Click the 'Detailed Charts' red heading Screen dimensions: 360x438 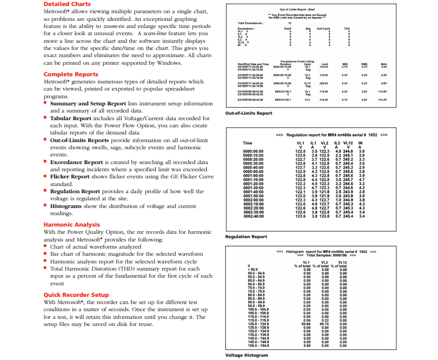67,4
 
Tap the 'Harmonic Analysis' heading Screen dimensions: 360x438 71,224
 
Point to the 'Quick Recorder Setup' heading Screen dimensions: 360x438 76,295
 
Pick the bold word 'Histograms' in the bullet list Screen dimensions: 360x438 68,206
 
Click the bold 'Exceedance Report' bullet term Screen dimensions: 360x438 76,162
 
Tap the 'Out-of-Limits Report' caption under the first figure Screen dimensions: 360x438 248,113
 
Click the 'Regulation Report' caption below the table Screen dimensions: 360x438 246,237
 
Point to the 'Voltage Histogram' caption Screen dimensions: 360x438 247,355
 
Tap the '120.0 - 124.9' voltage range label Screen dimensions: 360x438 259,324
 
